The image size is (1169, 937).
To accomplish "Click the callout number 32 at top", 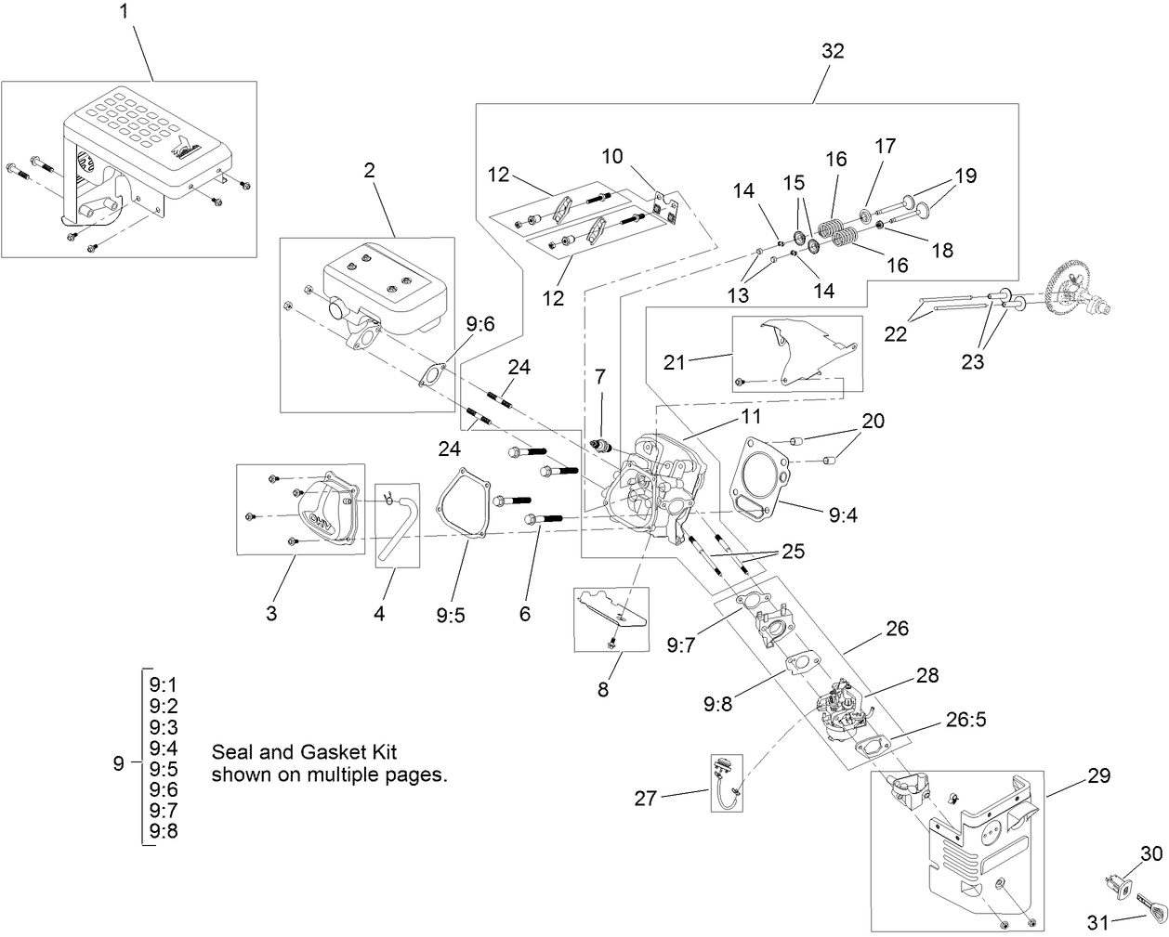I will [833, 51].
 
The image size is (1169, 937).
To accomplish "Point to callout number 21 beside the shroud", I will [675, 362].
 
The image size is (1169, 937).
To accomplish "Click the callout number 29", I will [1097, 774].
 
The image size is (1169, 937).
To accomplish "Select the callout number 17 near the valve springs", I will [886, 146].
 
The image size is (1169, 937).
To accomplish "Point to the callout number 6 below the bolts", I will [525, 614].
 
